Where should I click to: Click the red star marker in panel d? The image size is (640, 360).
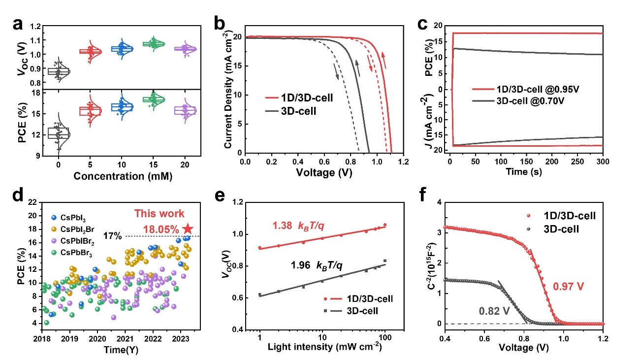(x=187, y=229)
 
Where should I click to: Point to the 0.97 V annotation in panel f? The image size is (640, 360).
(x=574, y=285)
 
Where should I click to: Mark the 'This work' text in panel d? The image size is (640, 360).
(x=160, y=214)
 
